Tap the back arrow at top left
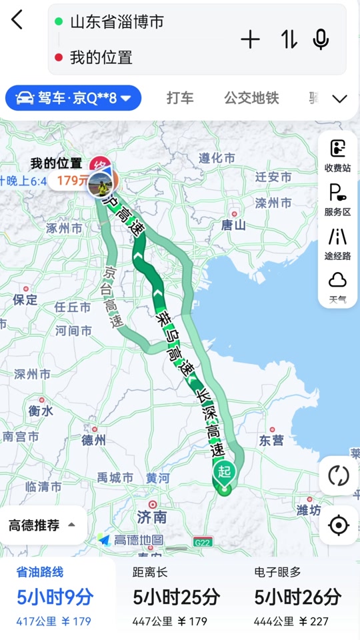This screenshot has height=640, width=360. [17, 20]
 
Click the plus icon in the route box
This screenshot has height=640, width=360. [250, 40]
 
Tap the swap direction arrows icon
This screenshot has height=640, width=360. [289, 40]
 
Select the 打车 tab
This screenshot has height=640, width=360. [180, 98]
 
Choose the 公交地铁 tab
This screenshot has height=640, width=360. [251, 98]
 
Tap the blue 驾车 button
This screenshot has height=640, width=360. [73, 98]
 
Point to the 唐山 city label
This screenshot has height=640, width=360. [234, 225]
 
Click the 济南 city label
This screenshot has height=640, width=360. [151, 517]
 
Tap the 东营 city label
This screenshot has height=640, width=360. [271, 441]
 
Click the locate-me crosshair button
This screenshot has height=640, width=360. [339, 525]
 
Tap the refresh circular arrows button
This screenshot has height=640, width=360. [339, 476]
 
